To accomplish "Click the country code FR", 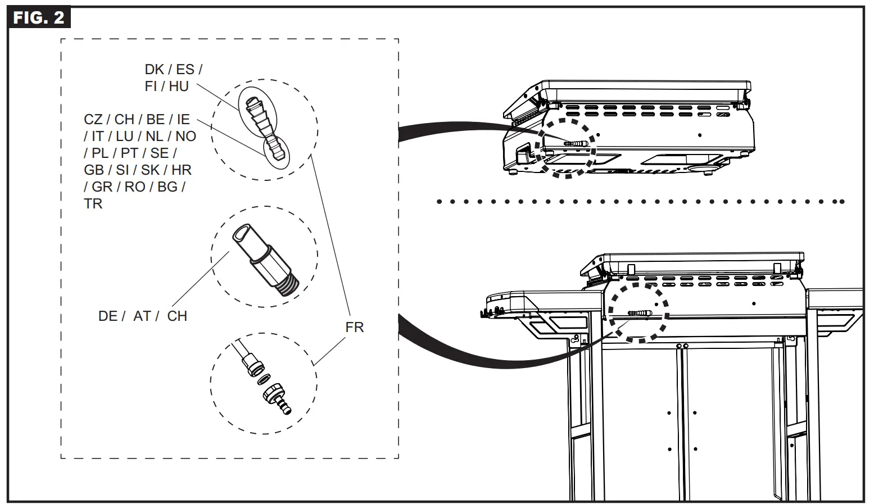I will click(355, 327).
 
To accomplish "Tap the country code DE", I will click(108, 316).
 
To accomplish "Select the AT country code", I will click(142, 316).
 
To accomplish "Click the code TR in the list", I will click(93, 203).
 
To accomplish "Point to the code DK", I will click(154, 70).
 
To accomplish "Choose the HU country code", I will click(179, 87).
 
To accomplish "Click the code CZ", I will click(93, 120).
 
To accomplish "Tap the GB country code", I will click(94, 170).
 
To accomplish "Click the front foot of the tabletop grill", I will click(513, 172).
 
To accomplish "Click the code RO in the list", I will click(135, 187).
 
